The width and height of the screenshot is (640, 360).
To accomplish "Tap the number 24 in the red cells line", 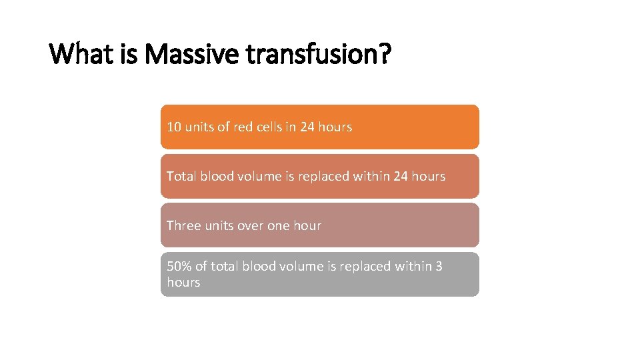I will [x=307, y=127].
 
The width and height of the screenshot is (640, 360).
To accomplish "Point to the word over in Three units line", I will [x=251, y=225].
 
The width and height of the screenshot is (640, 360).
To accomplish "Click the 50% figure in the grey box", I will [x=179, y=266].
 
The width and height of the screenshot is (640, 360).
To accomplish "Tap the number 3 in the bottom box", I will [x=438, y=266].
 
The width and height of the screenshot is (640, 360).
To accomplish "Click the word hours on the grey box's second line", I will [x=183, y=282].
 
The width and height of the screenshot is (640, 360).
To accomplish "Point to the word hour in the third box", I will [x=307, y=225].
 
